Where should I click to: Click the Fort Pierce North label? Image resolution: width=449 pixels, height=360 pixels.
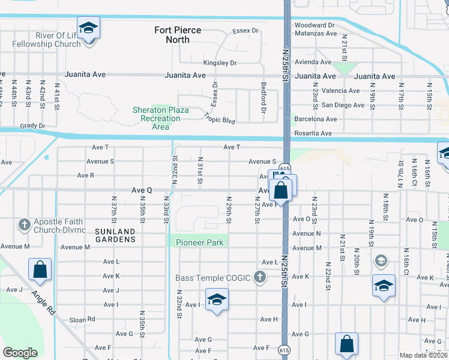(178, 35)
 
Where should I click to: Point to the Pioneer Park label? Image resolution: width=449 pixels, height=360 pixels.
(200, 242)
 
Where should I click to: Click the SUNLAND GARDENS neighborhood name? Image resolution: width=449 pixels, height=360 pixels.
(115, 235)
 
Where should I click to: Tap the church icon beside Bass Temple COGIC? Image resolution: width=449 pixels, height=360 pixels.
(259, 277)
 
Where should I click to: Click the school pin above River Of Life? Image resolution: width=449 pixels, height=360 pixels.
(88, 28)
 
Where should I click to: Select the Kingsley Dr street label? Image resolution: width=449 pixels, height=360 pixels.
(220, 62)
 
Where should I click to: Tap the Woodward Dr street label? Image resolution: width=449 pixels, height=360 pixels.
(314, 25)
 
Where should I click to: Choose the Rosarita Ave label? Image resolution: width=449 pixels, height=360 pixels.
(313, 133)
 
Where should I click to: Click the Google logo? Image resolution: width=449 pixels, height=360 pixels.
(20, 353)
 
